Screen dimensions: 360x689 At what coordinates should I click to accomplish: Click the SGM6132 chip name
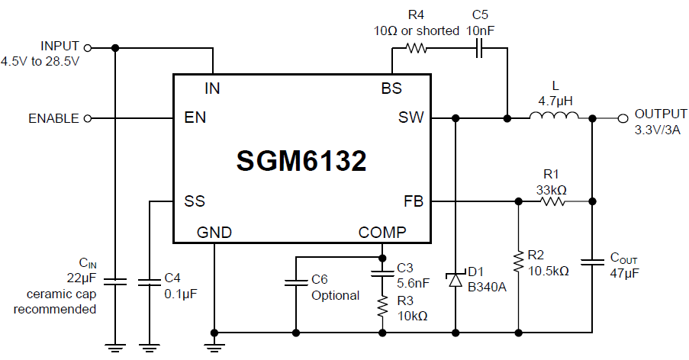click(301, 160)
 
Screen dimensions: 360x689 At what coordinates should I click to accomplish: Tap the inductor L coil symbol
click(555, 117)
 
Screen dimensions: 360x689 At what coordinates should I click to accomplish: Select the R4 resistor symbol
click(416, 48)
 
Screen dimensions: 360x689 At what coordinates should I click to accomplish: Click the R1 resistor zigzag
click(552, 201)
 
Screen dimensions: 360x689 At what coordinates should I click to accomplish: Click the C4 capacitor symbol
click(150, 282)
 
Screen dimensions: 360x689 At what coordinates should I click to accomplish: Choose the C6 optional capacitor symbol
click(295, 283)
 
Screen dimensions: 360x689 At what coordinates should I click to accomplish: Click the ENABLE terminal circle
click(87, 118)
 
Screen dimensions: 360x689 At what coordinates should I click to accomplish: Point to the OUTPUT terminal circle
click(623, 118)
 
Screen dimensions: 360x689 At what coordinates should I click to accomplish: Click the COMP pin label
click(384, 233)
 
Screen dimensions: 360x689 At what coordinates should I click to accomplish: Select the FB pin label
click(413, 201)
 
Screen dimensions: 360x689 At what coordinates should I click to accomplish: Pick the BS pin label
click(391, 88)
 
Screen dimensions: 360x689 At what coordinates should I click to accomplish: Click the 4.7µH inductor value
click(555, 100)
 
